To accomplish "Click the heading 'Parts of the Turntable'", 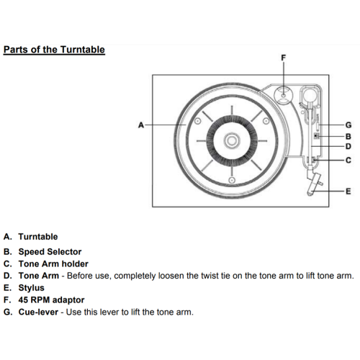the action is tap(54, 50).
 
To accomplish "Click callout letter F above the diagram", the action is tap(284, 58).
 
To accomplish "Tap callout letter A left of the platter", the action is tap(141, 125).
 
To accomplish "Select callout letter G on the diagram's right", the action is tap(348, 125).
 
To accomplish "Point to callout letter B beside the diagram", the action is tap(348, 136).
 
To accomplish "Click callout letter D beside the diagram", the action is tap(348, 146).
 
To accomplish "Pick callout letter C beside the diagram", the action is tap(348, 160).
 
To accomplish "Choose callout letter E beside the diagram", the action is tap(348, 192).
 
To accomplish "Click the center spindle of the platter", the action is tap(232, 140).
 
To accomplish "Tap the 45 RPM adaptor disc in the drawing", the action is tap(284, 95).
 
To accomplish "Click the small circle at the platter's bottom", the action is tap(232, 180).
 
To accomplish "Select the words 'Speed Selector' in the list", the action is tap(50, 252).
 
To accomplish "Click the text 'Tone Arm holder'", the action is tap(53, 264).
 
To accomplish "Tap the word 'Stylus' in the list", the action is tap(32, 288).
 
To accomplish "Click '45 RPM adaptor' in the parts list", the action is tap(51, 300).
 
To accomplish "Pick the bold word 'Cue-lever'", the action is tap(38, 312).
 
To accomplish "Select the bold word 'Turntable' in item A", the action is tap(38, 237).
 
